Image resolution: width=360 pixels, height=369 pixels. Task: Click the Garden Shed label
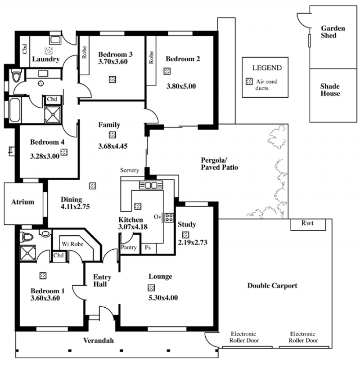coord(333,32)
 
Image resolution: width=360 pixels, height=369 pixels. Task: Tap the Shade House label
coord(330,90)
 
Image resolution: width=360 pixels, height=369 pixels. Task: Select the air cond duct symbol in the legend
coord(249,82)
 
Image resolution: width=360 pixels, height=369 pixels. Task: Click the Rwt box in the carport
coord(308,224)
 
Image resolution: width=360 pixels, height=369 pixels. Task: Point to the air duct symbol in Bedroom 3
coord(112,79)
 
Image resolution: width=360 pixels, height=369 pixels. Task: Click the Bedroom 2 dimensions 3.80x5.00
coord(181,87)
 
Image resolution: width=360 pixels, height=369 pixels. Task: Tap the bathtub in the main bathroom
coord(15,110)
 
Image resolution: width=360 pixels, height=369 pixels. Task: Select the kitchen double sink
coord(151,185)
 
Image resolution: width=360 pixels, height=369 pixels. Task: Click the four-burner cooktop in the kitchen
coord(169,218)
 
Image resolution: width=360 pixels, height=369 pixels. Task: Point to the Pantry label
coord(129,247)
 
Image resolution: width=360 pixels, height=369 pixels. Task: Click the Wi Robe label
coord(72,244)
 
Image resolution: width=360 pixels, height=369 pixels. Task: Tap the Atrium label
coord(22,202)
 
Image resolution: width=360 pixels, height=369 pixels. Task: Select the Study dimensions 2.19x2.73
coord(193,242)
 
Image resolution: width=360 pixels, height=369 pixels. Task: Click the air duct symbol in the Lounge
coord(151,287)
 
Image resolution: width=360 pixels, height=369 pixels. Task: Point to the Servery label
coord(130,170)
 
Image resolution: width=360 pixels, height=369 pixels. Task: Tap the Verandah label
coord(99,341)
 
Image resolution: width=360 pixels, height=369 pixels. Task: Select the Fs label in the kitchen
coord(148,247)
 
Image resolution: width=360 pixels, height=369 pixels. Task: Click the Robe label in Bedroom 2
coord(151,57)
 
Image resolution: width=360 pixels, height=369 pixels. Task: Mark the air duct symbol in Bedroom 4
coord(64,152)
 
